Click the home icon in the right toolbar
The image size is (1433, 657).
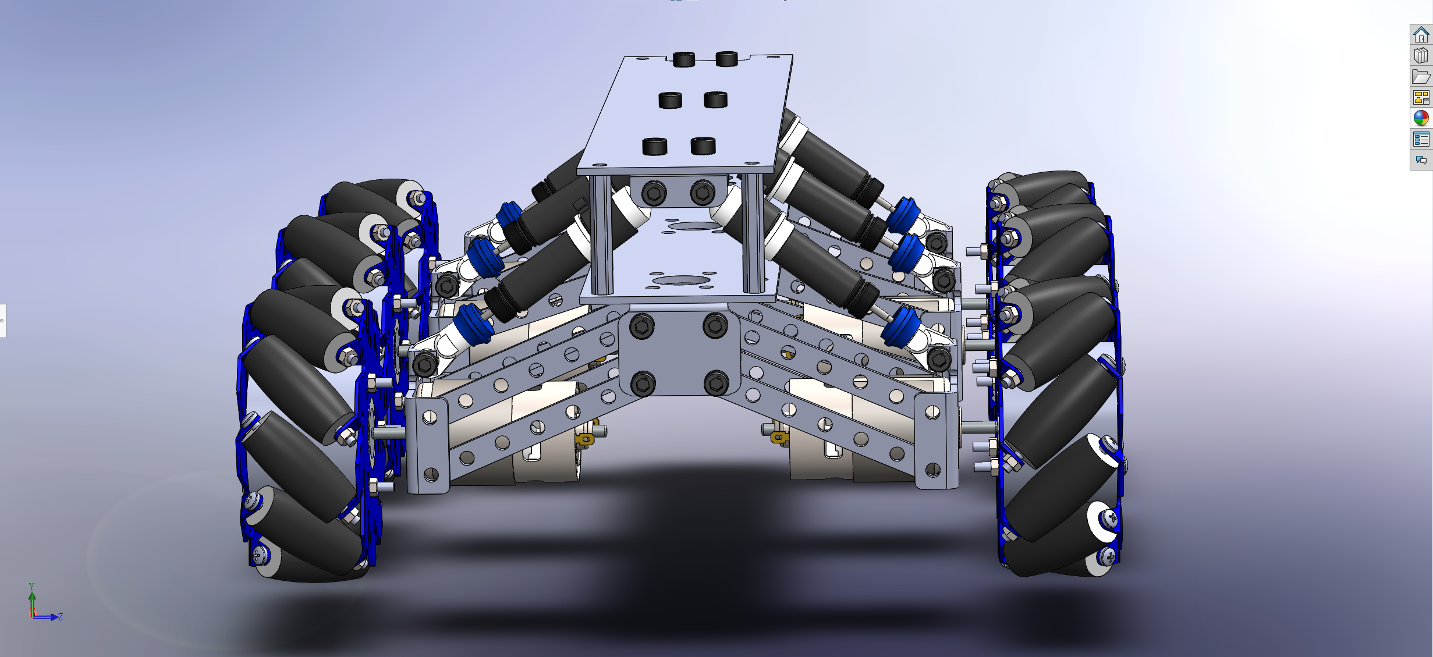(x=1421, y=35)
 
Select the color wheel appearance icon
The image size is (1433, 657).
(x=1421, y=118)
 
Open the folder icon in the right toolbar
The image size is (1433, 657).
(x=1421, y=77)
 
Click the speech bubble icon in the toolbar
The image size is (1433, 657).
(x=1421, y=160)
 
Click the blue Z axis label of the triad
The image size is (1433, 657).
(x=61, y=617)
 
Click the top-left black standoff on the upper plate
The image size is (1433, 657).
(x=683, y=59)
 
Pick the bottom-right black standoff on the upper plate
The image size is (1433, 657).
(x=703, y=146)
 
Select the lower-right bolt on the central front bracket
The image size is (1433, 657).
(x=716, y=383)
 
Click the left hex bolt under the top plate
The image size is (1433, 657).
(x=655, y=193)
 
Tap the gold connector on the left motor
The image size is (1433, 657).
(x=584, y=438)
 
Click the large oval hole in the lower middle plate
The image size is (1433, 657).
(x=680, y=281)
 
